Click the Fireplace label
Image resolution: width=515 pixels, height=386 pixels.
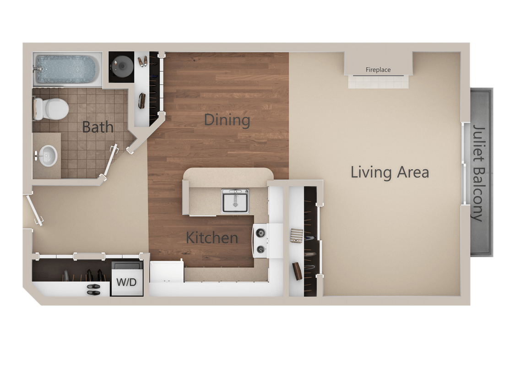[378, 70]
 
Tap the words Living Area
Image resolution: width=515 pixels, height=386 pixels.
[390, 172]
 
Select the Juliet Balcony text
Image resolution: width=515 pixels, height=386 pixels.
[479, 172]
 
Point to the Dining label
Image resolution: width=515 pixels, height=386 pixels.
[227, 120]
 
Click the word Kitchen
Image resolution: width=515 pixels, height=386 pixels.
[212, 238]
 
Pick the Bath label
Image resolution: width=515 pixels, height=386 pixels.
[98, 127]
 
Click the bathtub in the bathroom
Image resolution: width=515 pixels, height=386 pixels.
[66, 70]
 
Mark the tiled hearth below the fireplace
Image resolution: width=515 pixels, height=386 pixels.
[378, 82]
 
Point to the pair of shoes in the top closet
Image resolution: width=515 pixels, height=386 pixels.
[143, 60]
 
